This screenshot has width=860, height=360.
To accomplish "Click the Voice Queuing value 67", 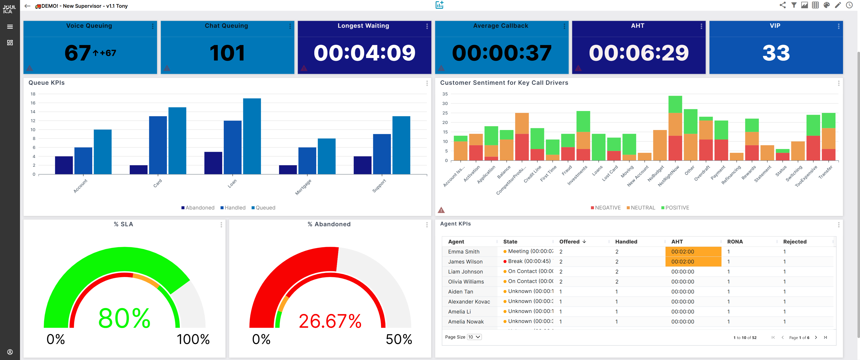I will (x=77, y=53).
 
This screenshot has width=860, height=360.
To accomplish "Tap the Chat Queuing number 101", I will (x=227, y=53).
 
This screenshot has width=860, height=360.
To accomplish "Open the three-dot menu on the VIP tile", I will (x=838, y=26).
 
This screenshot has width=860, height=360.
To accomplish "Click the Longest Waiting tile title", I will (x=363, y=26).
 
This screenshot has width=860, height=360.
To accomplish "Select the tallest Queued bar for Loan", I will (x=252, y=136).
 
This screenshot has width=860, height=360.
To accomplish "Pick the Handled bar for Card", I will (x=157, y=145).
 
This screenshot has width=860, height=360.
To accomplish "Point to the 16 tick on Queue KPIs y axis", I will (x=33, y=103).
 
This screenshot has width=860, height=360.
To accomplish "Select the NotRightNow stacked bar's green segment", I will (x=675, y=104).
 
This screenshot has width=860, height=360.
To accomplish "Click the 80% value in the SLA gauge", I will (x=124, y=318).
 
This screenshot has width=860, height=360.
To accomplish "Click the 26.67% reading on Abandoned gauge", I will (x=330, y=321).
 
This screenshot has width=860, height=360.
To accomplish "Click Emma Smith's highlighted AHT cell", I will (x=693, y=251).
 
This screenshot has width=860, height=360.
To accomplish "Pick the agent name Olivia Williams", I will (x=466, y=281).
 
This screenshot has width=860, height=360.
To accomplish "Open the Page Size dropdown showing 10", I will (x=474, y=337).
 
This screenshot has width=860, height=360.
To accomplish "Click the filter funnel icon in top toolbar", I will (x=793, y=5).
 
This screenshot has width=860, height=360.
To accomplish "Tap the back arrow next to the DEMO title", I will (x=27, y=6).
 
